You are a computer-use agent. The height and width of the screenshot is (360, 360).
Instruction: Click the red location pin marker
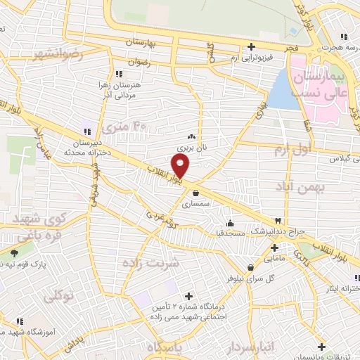point(181,166)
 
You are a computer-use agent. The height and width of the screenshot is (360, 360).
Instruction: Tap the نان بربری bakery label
point(191,149)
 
